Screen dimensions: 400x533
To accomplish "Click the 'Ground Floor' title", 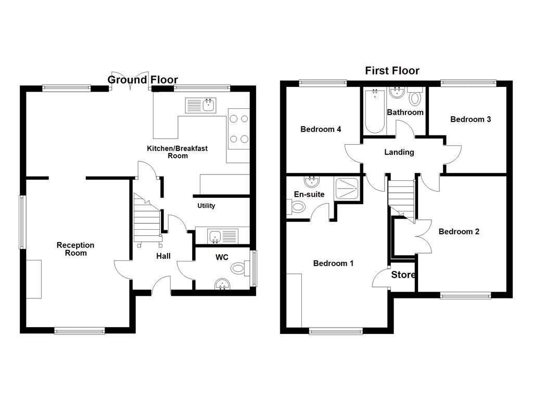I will pos(143,80).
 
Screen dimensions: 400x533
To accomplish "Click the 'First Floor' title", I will pos(392,71).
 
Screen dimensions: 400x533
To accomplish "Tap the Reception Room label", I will pos(75,249).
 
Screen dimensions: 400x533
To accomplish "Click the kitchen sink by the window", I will pos(201,106).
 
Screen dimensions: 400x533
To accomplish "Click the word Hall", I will pos(163,256).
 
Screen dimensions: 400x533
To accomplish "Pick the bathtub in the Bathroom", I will pos(374,111).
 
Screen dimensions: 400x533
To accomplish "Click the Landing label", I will pos(399,153).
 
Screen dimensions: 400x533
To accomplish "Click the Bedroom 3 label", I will pos(471,119).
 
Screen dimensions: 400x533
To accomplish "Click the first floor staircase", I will pos(401,197).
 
